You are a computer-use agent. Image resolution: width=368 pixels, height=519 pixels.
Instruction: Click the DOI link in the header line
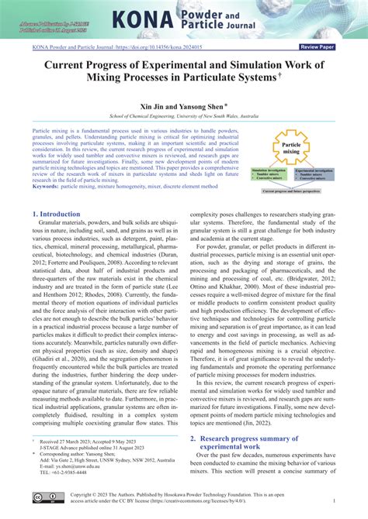[172, 46]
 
